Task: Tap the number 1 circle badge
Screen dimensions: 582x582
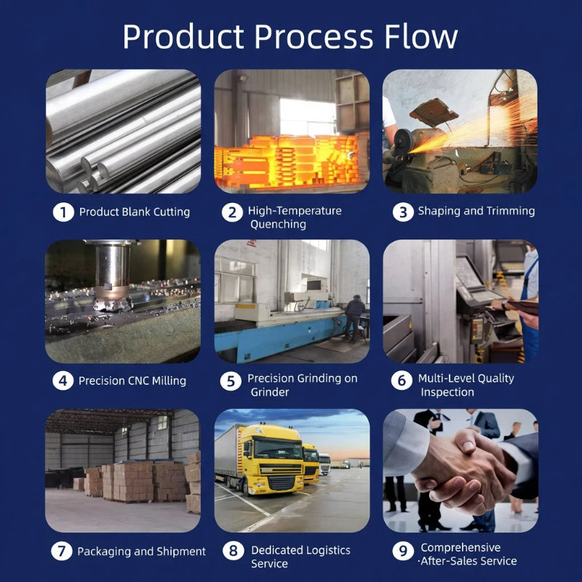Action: (63, 212)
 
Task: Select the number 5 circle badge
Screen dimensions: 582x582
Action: (231, 381)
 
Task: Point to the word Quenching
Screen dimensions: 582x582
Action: (278, 224)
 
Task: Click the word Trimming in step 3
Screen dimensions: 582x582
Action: (511, 211)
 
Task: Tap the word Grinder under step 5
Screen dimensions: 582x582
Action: (270, 392)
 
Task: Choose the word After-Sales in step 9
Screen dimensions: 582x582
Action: (451, 561)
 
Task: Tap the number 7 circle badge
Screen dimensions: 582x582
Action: (62, 551)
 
